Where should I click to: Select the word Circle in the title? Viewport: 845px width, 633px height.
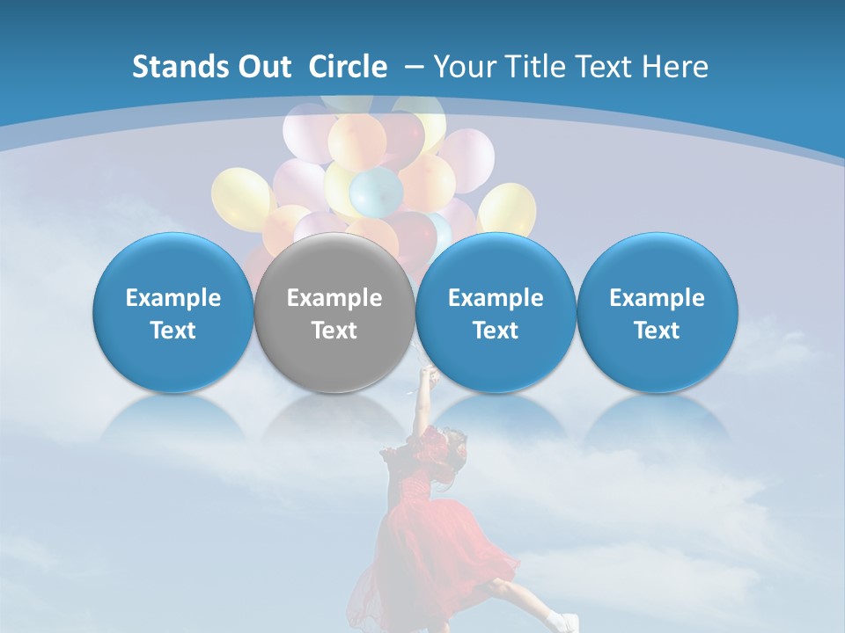click(x=348, y=67)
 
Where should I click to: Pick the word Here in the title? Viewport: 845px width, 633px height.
click(x=675, y=67)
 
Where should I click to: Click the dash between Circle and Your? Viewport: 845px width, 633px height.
click(x=414, y=67)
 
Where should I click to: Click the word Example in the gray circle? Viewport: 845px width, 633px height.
click(x=334, y=298)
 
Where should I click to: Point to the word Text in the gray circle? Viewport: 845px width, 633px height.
click(x=334, y=331)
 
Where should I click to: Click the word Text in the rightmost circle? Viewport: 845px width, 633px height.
click(x=657, y=331)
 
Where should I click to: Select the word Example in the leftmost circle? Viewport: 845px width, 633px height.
click(x=173, y=298)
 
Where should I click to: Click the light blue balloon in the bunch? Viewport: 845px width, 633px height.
click(x=376, y=191)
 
